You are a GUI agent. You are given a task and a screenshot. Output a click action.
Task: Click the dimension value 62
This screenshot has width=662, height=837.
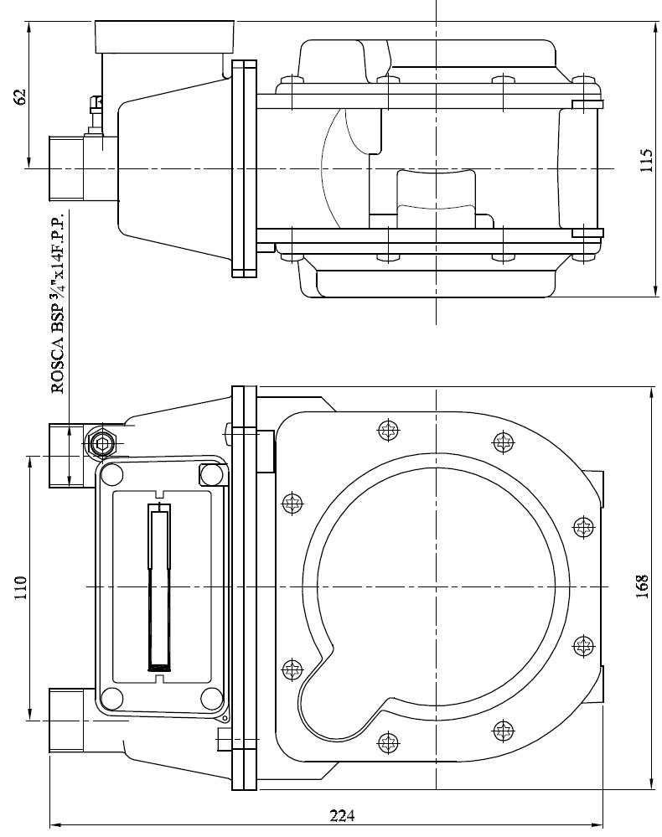click(20, 96)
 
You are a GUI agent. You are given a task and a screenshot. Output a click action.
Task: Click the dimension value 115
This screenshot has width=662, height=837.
click(647, 160)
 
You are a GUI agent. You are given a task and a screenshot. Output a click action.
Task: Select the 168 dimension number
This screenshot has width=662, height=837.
click(642, 586)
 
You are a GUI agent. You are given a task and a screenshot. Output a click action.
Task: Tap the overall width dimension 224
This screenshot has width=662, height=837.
click(342, 816)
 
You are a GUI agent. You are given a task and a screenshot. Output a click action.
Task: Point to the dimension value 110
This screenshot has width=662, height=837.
click(20, 587)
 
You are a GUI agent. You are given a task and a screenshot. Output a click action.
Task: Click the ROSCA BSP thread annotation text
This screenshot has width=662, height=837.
click(58, 302)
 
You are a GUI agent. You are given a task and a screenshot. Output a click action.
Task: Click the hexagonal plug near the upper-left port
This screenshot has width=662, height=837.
click(101, 442)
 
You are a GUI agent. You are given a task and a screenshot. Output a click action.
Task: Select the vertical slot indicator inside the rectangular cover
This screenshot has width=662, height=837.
click(159, 586)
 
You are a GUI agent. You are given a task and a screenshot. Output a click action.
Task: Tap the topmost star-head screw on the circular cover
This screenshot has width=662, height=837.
click(389, 431)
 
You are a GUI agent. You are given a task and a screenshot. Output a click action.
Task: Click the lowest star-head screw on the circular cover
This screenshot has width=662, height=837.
click(388, 742)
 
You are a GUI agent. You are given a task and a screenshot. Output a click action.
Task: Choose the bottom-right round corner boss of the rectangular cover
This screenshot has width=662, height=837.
click(212, 699)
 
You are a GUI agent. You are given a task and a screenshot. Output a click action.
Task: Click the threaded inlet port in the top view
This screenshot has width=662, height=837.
click(66, 168)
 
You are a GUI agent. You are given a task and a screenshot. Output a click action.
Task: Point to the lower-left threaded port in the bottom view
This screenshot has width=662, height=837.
click(66, 720)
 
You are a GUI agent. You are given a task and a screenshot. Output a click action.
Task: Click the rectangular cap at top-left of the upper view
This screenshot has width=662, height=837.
click(164, 37)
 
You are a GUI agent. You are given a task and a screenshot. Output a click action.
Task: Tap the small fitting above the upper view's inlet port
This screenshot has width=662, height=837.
click(95, 115)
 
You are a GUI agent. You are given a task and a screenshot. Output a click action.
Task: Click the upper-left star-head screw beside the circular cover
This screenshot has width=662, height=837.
click(292, 503)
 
